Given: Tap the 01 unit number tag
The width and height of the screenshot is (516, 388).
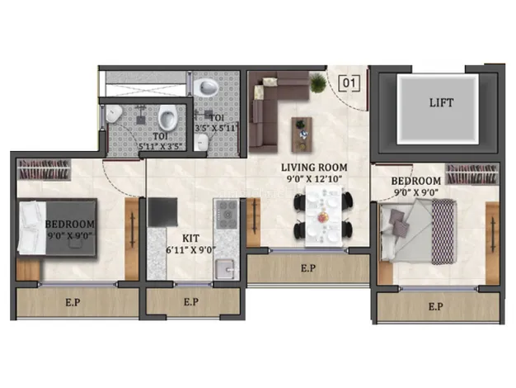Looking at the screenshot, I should [x=350, y=83].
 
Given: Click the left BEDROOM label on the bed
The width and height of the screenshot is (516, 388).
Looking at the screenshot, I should [x=69, y=224].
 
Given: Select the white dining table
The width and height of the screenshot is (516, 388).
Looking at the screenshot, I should [x=322, y=214].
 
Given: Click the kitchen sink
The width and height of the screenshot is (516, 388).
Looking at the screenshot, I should [x=223, y=269].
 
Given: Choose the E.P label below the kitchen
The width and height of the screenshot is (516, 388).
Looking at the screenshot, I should [x=190, y=302].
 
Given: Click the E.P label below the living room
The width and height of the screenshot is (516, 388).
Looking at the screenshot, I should [x=308, y=268].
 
